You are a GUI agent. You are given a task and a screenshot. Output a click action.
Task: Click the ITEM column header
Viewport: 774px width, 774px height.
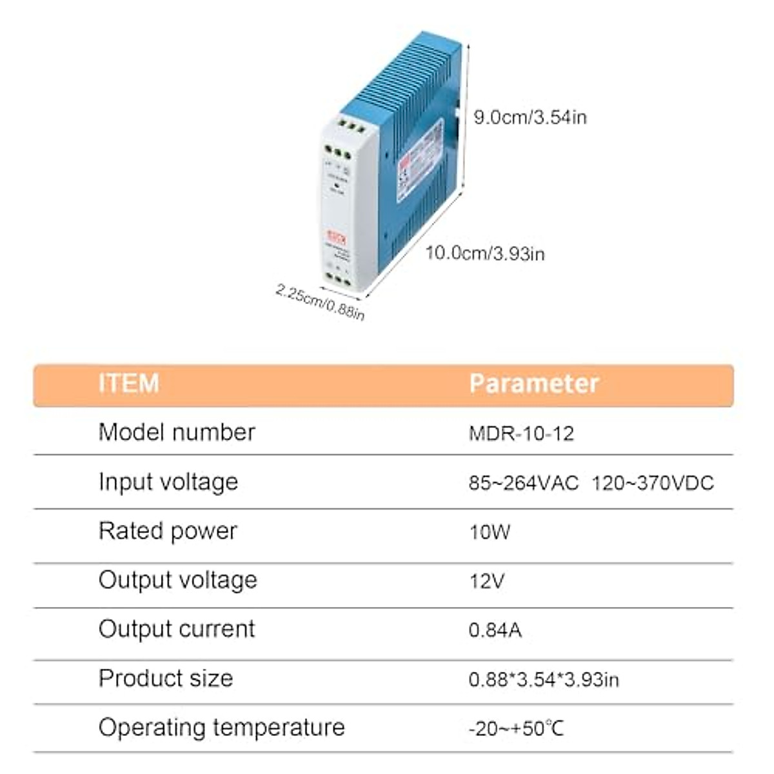click(x=128, y=383)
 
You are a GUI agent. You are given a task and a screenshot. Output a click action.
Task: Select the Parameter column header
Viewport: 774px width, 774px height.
click(x=533, y=383)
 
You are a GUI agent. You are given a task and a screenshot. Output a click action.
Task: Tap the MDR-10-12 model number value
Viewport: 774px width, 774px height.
click(x=521, y=433)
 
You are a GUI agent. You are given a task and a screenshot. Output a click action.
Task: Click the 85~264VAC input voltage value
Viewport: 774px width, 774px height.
click(x=523, y=482)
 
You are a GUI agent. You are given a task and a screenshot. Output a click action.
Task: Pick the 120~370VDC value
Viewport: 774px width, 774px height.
click(x=652, y=482)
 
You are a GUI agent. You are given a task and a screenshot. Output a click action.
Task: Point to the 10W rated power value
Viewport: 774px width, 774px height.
click(x=490, y=532)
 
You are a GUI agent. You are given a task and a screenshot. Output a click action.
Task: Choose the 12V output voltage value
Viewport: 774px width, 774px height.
click(x=486, y=581)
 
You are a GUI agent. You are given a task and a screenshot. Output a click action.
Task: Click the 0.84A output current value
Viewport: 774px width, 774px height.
click(x=495, y=630)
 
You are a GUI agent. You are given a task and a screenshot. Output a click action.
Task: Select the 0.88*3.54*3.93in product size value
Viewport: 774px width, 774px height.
click(x=543, y=679)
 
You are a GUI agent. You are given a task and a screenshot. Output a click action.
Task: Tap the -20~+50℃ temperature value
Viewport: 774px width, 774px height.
click(x=516, y=729)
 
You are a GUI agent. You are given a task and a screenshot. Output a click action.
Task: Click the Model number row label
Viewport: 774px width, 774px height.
click(x=177, y=432)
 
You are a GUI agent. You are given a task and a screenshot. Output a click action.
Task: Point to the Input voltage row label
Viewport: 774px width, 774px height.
click(x=168, y=482)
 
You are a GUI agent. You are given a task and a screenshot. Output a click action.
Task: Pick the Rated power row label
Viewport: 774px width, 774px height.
click(x=168, y=531)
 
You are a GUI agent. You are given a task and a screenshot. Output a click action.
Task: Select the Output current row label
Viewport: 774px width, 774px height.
click(x=177, y=629)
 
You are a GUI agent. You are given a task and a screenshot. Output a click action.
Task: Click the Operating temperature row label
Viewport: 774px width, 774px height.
click(x=221, y=728)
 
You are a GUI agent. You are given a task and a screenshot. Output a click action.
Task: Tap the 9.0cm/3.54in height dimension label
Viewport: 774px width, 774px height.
click(x=530, y=117)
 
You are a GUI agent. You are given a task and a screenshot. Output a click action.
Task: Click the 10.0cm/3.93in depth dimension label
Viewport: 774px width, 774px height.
click(x=484, y=253)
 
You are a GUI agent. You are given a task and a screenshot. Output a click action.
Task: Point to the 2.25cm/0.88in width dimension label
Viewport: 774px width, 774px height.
click(x=320, y=301)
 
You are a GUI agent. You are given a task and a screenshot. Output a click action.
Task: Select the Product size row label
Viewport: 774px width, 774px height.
click(x=166, y=678)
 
